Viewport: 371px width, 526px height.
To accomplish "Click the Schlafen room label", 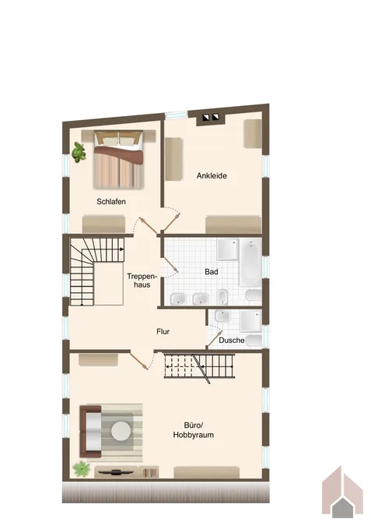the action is (x=111, y=202).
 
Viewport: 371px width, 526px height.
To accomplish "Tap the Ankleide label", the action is (x=212, y=175).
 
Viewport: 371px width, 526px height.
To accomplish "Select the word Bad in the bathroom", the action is (x=212, y=272).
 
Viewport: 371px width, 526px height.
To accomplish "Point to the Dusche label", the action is (x=232, y=341).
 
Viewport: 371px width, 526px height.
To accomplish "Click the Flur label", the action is (x=163, y=331).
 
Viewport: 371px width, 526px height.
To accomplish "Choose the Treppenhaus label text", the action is (x=142, y=281).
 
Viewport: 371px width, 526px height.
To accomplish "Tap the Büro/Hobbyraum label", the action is (x=194, y=430).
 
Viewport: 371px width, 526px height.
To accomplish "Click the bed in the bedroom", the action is (x=118, y=159).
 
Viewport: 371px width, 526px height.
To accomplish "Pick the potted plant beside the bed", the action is (x=79, y=152).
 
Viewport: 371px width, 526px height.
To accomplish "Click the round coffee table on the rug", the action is (x=121, y=431).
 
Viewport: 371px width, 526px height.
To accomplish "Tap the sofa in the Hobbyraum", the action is (x=90, y=432).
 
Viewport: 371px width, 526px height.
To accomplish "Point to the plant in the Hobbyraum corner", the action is (x=82, y=468).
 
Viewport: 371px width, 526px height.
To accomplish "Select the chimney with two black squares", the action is (x=210, y=118).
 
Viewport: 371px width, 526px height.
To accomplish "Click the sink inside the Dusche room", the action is (x=222, y=316).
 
